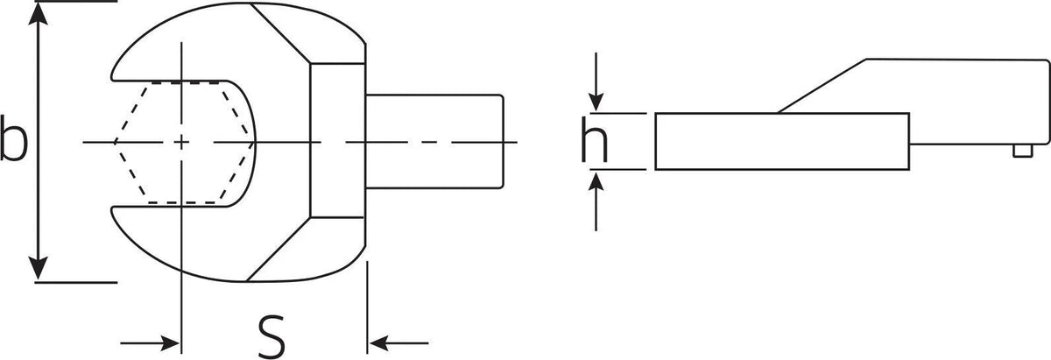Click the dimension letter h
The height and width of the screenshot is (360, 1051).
point(595,139)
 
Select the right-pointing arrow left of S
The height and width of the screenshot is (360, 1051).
point(150,343)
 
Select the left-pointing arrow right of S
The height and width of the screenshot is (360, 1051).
point(399,343)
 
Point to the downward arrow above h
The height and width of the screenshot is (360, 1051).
point(596,82)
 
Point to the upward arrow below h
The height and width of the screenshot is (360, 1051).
point(596,201)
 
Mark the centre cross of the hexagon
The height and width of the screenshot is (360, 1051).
point(181,142)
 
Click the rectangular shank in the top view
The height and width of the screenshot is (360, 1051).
point(434,142)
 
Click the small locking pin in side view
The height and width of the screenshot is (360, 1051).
point(1023,151)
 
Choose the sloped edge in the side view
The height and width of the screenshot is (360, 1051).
point(822,86)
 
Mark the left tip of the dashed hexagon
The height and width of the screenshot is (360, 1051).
point(115,142)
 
